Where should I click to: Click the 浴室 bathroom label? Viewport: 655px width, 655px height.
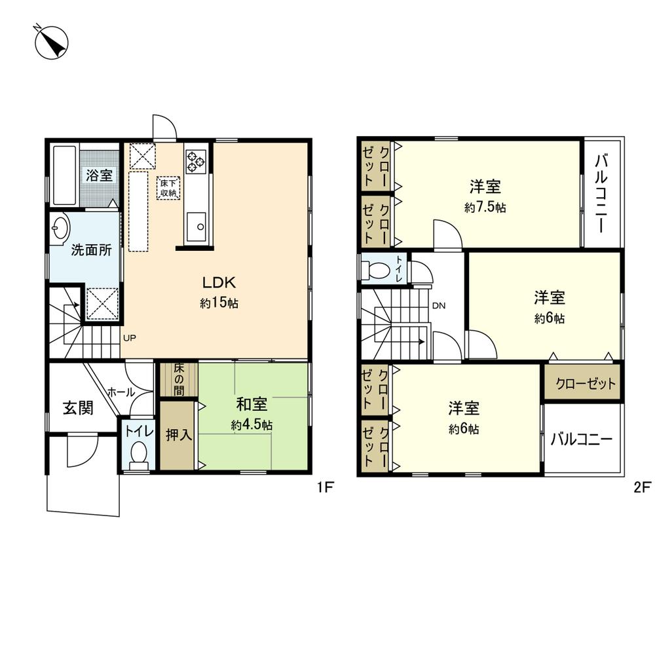click(100, 176)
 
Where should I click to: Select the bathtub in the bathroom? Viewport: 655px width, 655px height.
click(64, 176)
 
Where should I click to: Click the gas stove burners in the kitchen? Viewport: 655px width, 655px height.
click(196, 160)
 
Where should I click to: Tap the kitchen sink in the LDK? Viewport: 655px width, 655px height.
click(196, 227)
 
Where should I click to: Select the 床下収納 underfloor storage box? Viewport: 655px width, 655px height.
click(168, 188)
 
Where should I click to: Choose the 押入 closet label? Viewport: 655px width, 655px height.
click(178, 436)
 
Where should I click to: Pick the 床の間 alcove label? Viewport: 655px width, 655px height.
click(178, 380)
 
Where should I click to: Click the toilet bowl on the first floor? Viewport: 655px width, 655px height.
click(138, 453)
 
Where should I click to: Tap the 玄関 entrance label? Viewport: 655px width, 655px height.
click(78, 408)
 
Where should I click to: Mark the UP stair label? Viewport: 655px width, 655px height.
click(130, 338)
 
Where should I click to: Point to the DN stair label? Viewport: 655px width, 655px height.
click(439, 305)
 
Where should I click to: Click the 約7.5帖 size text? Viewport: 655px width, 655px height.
click(485, 208)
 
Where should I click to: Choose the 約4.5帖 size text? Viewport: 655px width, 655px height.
click(252, 425)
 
